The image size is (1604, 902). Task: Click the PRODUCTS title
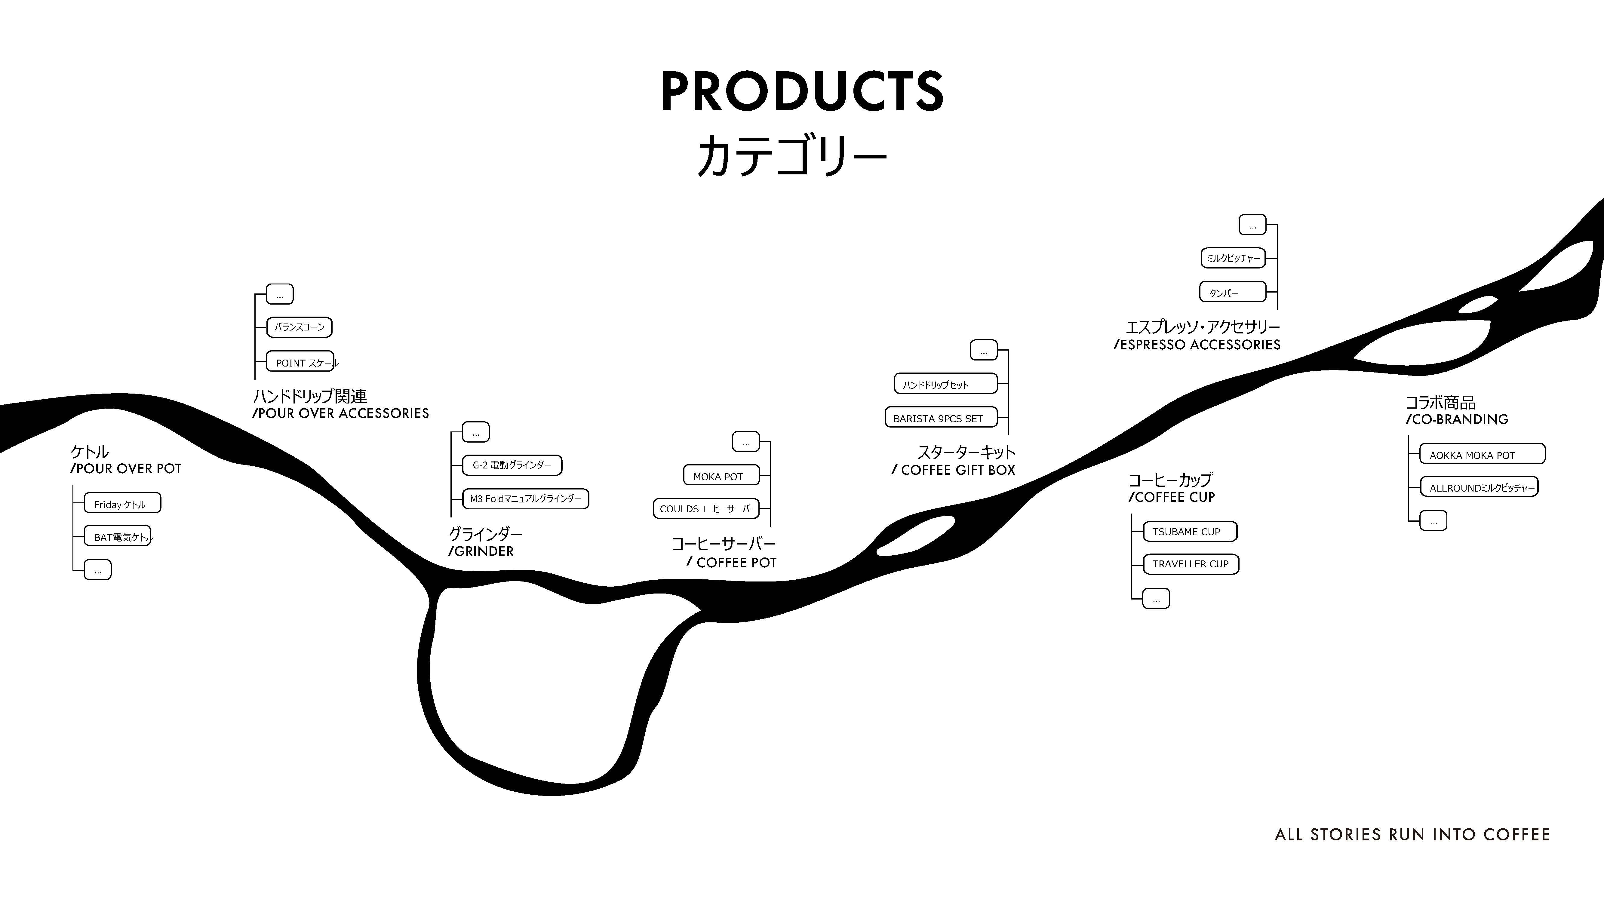802,92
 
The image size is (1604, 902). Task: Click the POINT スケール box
300,362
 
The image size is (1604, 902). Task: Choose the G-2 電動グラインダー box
512,465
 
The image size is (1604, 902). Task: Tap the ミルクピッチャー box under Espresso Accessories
1233,258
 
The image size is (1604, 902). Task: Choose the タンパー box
1233,292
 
